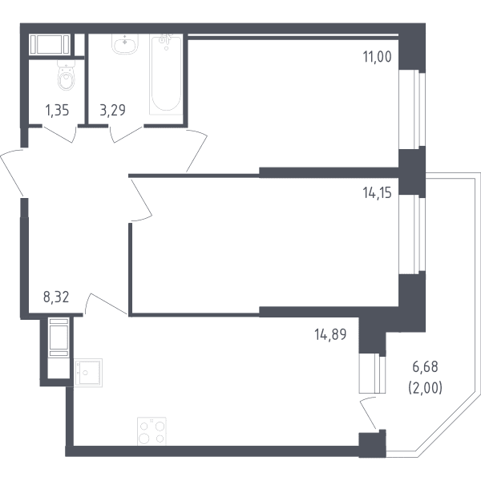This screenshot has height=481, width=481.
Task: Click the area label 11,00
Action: pyautogui.click(x=378, y=57)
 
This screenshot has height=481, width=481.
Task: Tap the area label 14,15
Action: pyautogui.click(x=378, y=193)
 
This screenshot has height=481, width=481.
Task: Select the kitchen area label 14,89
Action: pyautogui.click(x=330, y=334)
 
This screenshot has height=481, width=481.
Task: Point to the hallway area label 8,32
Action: pyautogui.click(x=56, y=297)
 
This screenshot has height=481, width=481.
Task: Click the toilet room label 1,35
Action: pyautogui.click(x=57, y=110)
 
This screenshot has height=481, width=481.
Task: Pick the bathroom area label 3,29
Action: pyautogui.click(x=112, y=110)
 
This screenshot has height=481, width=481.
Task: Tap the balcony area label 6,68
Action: pyautogui.click(x=425, y=367)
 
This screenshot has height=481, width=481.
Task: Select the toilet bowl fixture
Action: pyautogui.click(x=67, y=75)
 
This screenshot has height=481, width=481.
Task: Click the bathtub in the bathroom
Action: pyautogui.click(x=166, y=75)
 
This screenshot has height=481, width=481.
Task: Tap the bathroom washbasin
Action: pyautogui.click(x=124, y=44)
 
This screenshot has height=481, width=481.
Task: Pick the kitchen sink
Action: pyautogui.click(x=88, y=373)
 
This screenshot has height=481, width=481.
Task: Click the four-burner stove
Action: pyautogui.click(x=152, y=431)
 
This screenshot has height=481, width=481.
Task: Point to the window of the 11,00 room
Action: pyautogui.click(x=412, y=110)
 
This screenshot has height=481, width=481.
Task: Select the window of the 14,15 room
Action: pyautogui.click(x=412, y=234)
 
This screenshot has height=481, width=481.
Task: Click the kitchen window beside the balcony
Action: pyautogui.click(x=373, y=374)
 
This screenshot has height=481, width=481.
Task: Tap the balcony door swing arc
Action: pyautogui.click(x=364, y=411)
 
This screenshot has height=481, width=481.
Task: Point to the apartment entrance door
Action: pyautogui.click(x=12, y=172)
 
